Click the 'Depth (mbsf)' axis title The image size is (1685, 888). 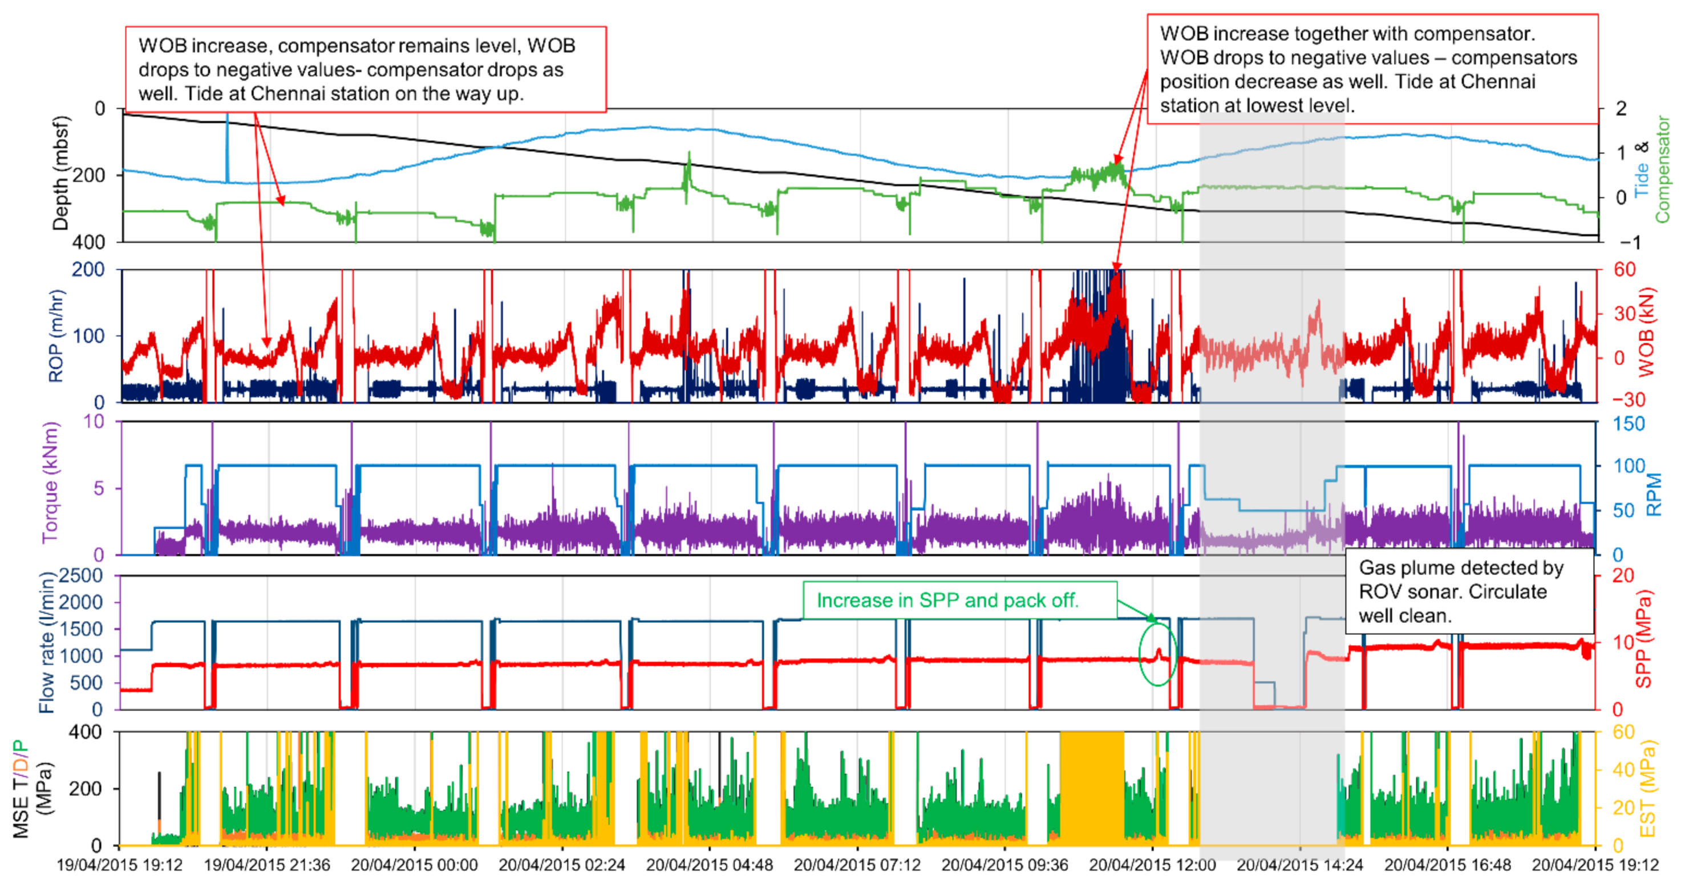pos(60,174)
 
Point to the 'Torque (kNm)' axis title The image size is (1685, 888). pos(50,482)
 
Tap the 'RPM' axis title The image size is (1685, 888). pos(1653,495)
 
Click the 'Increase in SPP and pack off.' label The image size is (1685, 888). pos(947,601)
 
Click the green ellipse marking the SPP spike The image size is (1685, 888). pos(1158,654)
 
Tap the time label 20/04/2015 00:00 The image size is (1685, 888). pos(414,865)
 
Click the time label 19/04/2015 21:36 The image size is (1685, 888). pos(267,865)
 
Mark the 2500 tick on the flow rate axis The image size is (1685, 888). pos(81,576)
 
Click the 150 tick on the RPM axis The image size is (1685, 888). pos(1629,424)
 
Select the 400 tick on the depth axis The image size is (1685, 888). pos(89,242)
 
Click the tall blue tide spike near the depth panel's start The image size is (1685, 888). pos(228,147)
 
